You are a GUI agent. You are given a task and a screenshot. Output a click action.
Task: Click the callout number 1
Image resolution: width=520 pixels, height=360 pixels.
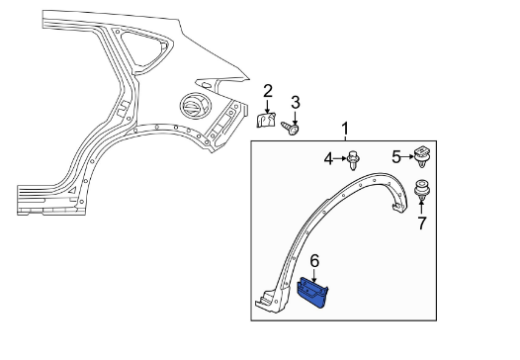pos(345,129)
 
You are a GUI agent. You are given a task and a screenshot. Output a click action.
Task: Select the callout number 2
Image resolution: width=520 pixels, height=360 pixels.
pos(268,91)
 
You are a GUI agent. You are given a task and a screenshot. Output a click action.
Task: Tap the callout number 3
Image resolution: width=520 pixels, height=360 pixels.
pos(296,103)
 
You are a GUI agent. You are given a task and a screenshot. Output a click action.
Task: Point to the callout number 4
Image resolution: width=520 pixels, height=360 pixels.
pos(328,159)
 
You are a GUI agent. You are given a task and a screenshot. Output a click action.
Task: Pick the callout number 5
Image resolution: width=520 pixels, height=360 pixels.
pos(396,156)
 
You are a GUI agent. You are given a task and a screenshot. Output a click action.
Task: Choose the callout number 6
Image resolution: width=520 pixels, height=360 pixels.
pos(314,261)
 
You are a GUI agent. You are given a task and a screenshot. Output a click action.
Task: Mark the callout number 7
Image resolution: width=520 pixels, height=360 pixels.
pos(421,223)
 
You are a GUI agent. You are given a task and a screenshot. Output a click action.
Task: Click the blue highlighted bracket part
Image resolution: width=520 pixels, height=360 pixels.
pos(312,293)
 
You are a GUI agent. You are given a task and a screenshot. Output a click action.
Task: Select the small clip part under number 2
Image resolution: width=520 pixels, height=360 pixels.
pos(266,120)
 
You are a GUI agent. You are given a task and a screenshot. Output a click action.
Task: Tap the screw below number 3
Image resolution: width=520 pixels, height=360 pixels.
pos(291,128)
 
